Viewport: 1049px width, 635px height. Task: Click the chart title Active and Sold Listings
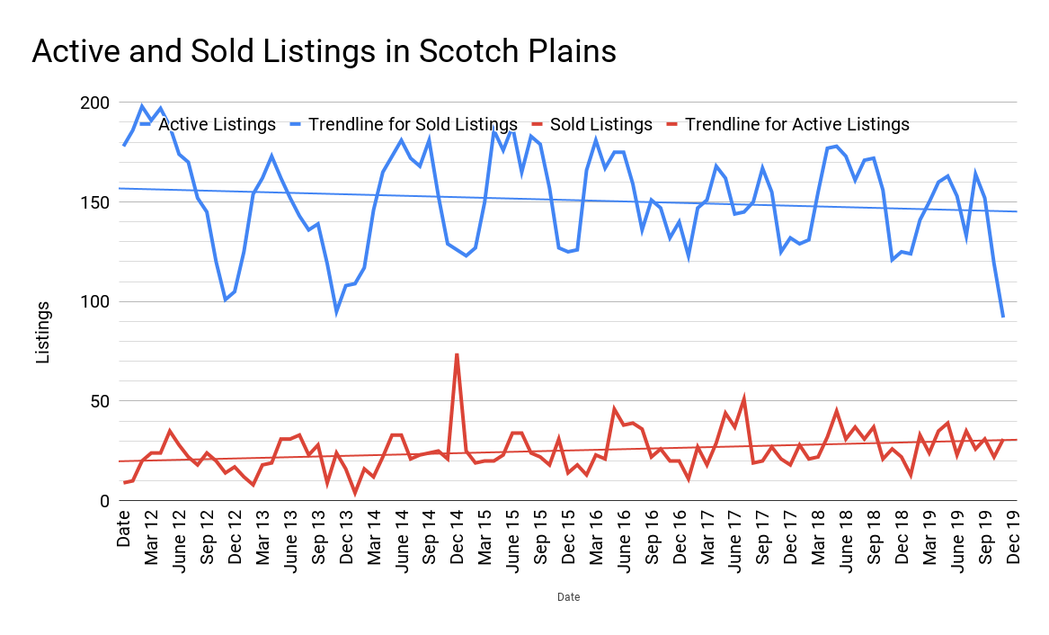[x=324, y=51]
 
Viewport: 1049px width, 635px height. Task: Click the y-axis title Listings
[x=43, y=333]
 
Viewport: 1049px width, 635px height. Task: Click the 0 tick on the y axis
[x=104, y=501]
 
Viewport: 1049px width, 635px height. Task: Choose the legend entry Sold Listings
[x=600, y=124]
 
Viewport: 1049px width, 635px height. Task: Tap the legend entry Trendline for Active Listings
[x=796, y=124]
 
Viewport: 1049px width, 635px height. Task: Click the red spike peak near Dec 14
[x=457, y=354]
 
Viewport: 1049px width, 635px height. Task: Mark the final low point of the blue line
[x=1003, y=317]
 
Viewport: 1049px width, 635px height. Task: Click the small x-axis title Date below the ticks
[x=568, y=597]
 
